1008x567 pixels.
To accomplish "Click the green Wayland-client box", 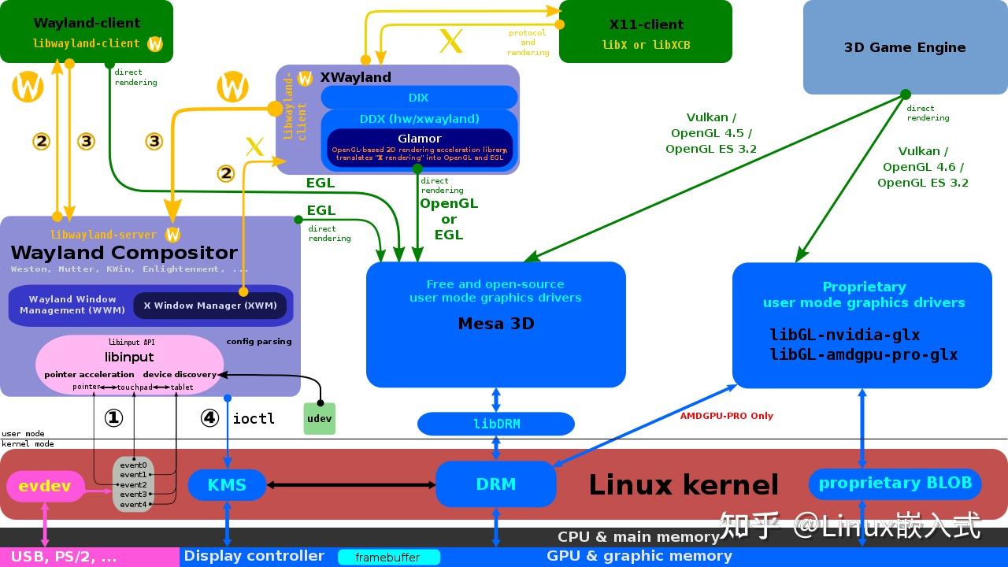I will point(87,31).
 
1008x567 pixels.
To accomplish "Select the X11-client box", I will point(646,31).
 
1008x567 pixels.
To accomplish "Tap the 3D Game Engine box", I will point(905,47).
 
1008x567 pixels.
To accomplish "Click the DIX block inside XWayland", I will point(419,98).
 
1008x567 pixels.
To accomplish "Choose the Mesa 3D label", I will point(496,324).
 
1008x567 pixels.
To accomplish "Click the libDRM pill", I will point(496,424).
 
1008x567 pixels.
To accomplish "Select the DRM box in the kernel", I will point(496,484).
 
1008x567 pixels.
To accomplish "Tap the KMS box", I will point(227,484).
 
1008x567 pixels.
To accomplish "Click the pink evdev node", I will point(44,486).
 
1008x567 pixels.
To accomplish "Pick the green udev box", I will point(319,419).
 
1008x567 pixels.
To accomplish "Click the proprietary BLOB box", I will point(895,484).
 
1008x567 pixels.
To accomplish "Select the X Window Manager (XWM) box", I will point(209,306).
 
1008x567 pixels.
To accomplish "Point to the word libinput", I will point(129,357).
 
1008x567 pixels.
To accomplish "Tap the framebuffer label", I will point(387,558).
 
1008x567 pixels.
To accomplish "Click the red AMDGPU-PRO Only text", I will point(726,416).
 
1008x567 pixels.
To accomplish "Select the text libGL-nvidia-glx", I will point(844,335).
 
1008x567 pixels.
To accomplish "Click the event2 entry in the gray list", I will point(133,485).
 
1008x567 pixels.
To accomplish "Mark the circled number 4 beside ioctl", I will point(209,418).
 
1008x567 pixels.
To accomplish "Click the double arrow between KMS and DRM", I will point(351,484).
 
